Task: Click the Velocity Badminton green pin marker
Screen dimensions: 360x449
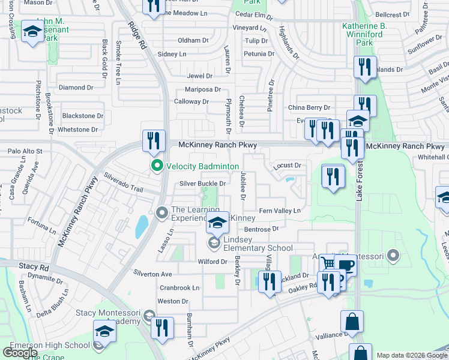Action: click(157, 166)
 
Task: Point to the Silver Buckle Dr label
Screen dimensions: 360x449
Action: click(203, 184)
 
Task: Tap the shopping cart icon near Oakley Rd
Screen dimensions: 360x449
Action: click(328, 264)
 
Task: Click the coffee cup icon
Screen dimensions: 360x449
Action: click(346, 268)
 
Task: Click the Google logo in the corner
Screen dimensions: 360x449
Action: click(20, 353)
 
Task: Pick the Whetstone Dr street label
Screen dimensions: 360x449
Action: click(77, 130)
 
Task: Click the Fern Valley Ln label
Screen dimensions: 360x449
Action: click(279, 211)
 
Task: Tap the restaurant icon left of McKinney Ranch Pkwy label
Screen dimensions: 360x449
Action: click(153, 142)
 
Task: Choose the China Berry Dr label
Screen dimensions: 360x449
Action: click(309, 107)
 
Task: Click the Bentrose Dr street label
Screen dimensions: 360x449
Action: click(262, 229)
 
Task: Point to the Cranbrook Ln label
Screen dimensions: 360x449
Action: click(179, 287)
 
